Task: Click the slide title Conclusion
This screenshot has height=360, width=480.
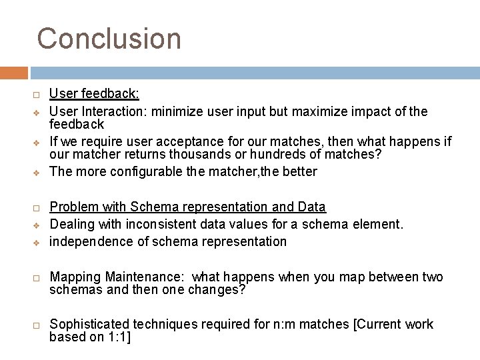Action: coord(109,39)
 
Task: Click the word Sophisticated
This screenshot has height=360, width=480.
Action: coord(90,325)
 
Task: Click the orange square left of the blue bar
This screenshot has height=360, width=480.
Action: coord(14,73)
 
